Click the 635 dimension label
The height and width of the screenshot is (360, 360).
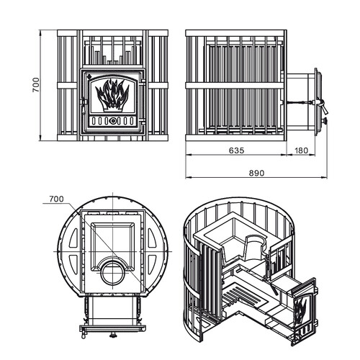(236, 150)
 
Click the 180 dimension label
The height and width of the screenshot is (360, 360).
(301, 150)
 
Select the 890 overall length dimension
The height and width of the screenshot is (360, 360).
(256, 173)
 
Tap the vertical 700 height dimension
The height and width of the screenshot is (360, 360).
(36, 85)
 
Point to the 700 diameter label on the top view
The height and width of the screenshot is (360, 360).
(56, 199)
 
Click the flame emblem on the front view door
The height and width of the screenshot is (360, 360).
(112, 95)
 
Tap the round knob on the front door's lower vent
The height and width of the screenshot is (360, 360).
(112, 121)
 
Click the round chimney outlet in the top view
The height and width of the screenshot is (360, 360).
(112, 273)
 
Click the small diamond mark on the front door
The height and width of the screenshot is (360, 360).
(89, 76)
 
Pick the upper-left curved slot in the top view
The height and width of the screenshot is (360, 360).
(73, 238)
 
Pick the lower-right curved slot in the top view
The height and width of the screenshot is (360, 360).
(152, 265)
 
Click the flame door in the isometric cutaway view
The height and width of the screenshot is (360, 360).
(305, 312)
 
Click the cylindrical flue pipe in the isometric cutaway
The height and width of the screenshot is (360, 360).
(254, 250)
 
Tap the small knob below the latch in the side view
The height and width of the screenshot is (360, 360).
(325, 120)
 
